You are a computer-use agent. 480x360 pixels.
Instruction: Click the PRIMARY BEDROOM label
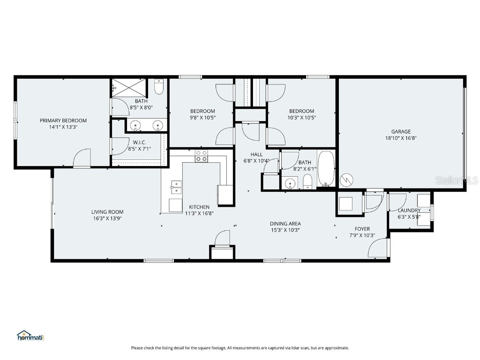(63, 120)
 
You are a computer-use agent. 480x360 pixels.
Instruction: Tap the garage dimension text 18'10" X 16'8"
(401, 138)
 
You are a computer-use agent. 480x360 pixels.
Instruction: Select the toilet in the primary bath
(159, 87)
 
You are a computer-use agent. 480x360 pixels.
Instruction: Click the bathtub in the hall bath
(326, 168)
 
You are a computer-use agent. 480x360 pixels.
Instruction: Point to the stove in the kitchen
(202, 156)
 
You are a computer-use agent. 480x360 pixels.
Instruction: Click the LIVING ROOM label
(107, 212)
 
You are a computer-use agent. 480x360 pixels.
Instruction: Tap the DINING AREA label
(285, 224)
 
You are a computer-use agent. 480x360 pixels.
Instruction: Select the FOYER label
(362, 229)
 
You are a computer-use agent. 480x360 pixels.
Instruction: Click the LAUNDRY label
(409, 210)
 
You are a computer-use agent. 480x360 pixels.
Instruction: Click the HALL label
(256, 154)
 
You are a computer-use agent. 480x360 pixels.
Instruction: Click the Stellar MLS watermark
(456, 180)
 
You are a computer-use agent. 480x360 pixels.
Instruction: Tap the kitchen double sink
(176, 187)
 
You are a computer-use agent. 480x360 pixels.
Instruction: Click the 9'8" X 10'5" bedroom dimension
(202, 118)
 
